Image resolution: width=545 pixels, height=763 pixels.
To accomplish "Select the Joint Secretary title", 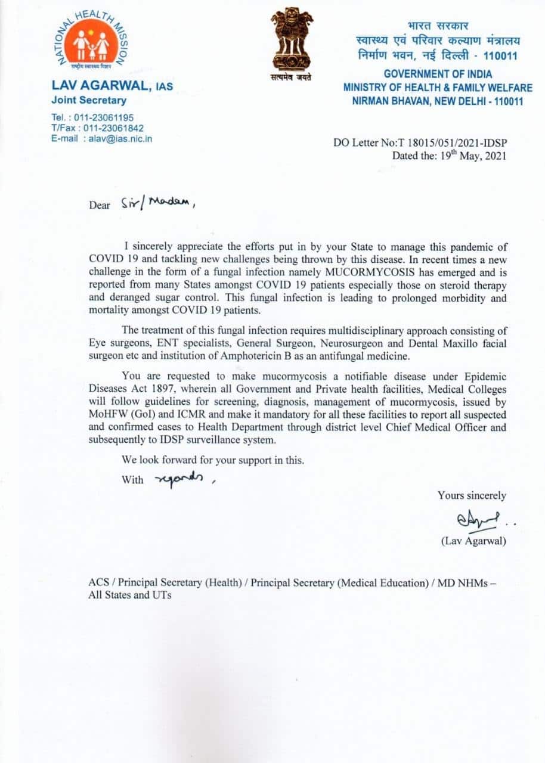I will (89, 100).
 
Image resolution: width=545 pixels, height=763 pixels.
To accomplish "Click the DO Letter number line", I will (420, 142).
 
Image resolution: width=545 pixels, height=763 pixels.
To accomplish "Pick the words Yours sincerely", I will (472, 495).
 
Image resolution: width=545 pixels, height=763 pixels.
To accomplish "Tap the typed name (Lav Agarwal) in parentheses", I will (473, 541).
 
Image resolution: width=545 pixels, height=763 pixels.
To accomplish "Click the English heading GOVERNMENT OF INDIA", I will (438, 74).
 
